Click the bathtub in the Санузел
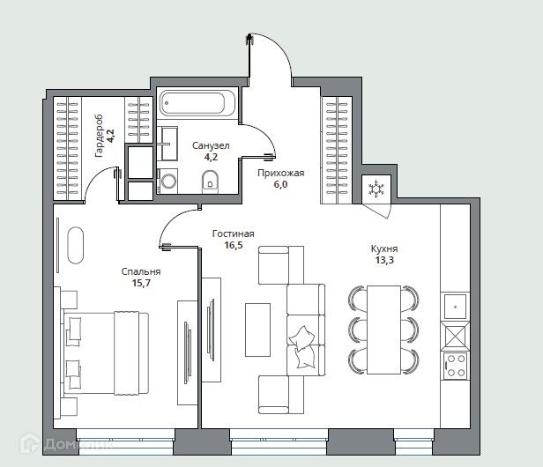click(x=197, y=103)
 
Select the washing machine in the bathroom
click(x=168, y=181)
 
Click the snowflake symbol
click(x=376, y=189)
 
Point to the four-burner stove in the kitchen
click(x=456, y=366)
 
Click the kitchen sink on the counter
click(x=456, y=306)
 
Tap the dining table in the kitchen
click(x=383, y=330)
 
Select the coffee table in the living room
click(x=257, y=330)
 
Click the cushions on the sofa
click(x=302, y=347)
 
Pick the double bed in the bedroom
click(x=106, y=353)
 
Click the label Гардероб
click(x=100, y=136)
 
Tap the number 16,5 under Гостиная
click(x=234, y=246)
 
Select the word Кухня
click(x=384, y=248)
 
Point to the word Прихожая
click(x=281, y=173)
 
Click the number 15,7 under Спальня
click(x=141, y=283)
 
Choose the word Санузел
click(x=211, y=145)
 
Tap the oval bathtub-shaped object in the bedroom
click(x=76, y=246)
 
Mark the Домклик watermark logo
click(x=66, y=444)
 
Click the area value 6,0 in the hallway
click(x=281, y=184)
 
